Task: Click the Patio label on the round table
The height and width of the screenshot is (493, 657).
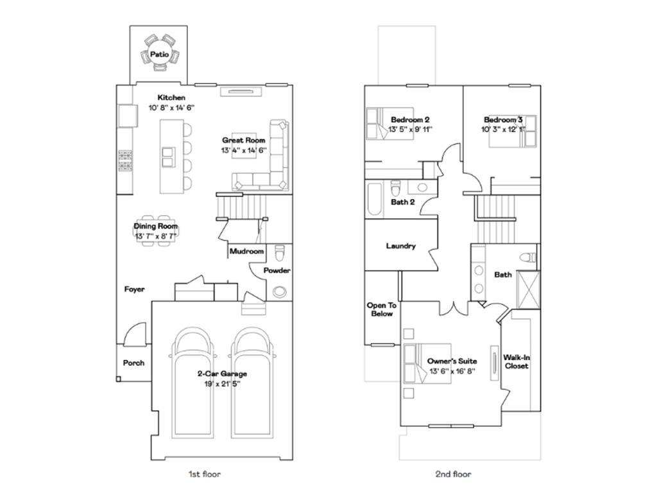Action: tap(159, 55)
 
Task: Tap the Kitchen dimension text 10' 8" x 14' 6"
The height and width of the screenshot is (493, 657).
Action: tap(171, 108)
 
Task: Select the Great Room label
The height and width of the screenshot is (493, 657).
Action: tap(244, 140)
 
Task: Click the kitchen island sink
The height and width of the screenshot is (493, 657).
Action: tap(168, 157)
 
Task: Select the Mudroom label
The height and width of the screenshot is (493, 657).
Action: tap(246, 252)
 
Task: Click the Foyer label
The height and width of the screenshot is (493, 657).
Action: tap(134, 290)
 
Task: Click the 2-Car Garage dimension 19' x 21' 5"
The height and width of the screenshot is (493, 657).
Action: tap(222, 383)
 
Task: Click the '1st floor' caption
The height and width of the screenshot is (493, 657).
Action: tap(204, 474)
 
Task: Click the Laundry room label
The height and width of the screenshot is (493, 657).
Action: tap(401, 246)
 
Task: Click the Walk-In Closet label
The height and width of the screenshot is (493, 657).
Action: tap(516, 361)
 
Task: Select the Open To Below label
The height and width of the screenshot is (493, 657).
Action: tap(381, 309)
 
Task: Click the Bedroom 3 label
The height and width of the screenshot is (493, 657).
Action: tap(503, 120)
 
